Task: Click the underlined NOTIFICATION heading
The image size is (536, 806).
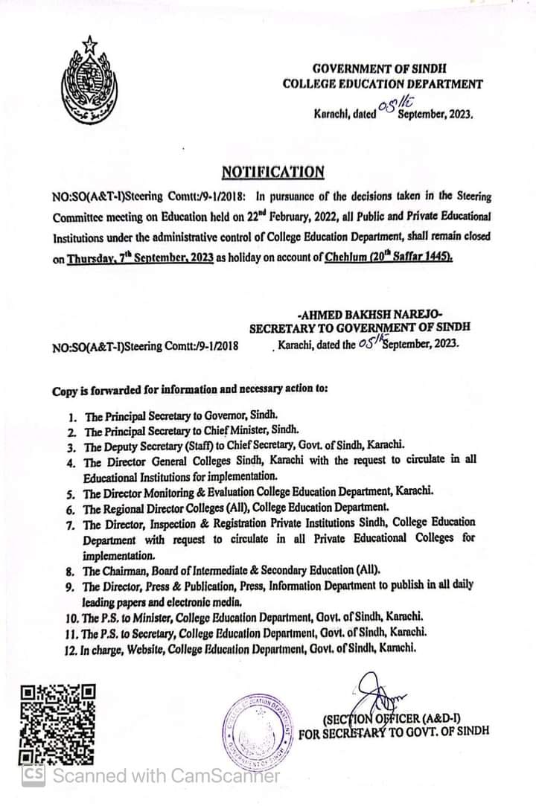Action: point(273,173)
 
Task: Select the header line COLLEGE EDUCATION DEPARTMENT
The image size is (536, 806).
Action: point(382,85)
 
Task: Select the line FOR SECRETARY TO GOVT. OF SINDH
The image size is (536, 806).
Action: point(394,732)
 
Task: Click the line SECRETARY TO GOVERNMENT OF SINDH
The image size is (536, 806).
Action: point(360,327)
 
